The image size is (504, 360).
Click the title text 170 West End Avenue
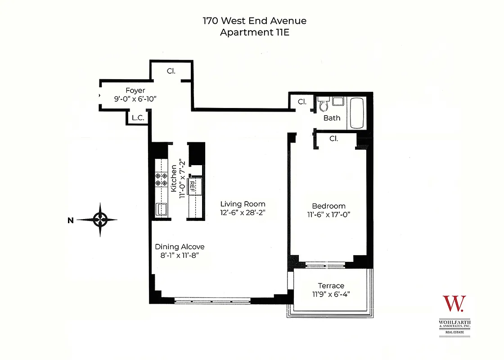[x=255, y=21]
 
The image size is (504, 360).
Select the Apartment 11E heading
[x=255, y=32]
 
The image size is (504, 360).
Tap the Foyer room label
[x=135, y=90]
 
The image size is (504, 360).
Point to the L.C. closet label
[x=137, y=118]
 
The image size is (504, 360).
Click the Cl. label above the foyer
[x=171, y=71]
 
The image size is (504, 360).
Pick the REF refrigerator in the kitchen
[x=192, y=186]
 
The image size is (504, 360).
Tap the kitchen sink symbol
[x=161, y=209]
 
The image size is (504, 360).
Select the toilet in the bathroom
[x=322, y=105]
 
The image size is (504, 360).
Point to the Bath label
[x=332, y=118]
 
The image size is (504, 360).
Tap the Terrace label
[x=331, y=286]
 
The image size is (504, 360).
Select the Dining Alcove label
[x=180, y=247]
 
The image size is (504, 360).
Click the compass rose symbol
[x=100, y=220]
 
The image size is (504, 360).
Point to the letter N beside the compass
[x=70, y=220]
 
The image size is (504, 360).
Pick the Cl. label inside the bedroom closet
[x=333, y=139]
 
